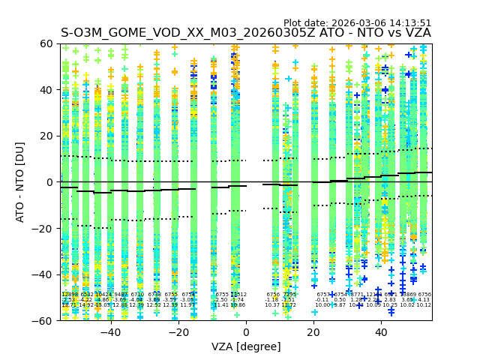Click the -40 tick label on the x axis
(110, 332)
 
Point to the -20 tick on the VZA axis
(178, 332)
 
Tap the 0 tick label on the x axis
(246, 332)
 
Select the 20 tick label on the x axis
(313, 332)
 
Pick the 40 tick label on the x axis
(381, 332)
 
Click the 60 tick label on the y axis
(46, 43)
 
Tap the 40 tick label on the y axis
(46, 90)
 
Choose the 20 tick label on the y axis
(46, 136)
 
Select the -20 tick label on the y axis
(43, 228)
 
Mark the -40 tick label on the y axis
(43, 274)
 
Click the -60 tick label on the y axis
(43, 320)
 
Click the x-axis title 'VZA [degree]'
(246, 346)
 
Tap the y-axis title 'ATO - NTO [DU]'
(21, 182)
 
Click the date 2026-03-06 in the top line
(358, 23)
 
